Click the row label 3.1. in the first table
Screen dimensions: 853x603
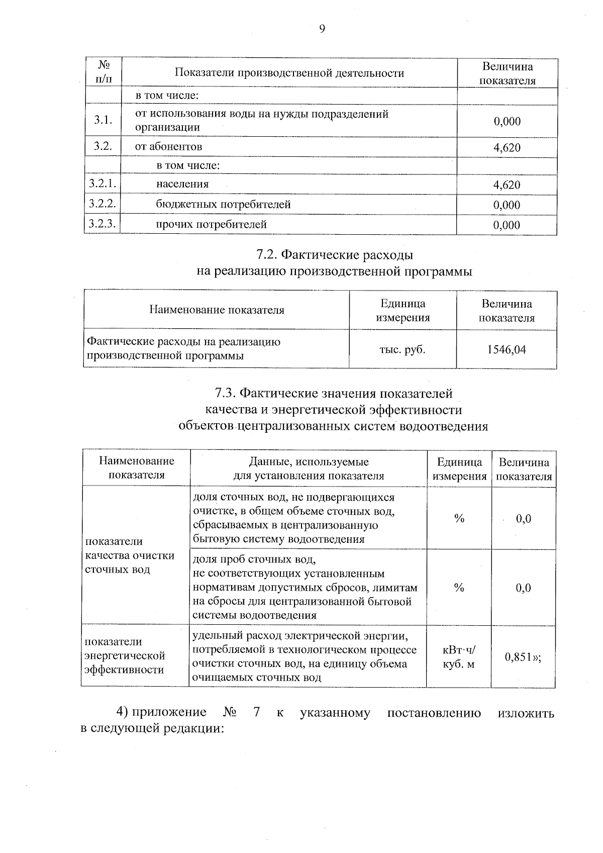click(103, 121)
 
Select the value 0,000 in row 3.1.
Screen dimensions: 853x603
click(507, 121)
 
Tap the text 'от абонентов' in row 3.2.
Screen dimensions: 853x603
click(169, 147)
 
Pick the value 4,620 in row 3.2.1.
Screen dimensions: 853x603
click(507, 185)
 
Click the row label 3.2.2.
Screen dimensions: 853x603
click(103, 204)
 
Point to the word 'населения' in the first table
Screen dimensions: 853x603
click(182, 184)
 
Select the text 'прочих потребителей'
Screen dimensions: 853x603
click(211, 224)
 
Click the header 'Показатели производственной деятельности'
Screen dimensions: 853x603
click(289, 73)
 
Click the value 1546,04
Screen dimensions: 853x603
click(507, 349)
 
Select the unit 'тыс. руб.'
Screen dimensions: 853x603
click(402, 349)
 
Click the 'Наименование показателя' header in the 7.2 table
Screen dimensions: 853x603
click(217, 310)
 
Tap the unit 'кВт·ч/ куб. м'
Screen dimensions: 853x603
click(458, 657)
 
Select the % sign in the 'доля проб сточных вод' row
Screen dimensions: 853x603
click(459, 588)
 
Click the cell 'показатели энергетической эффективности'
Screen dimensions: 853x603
click(125, 655)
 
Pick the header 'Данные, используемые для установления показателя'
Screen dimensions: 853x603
click(309, 468)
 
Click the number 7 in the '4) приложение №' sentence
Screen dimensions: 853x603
click(257, 713)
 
